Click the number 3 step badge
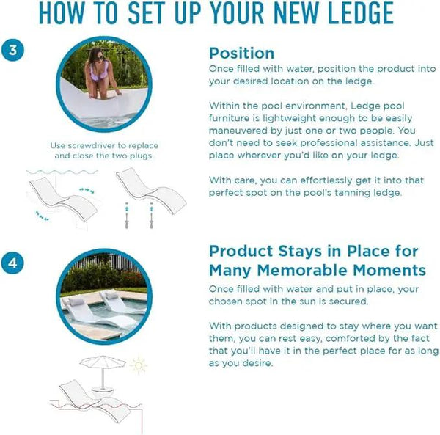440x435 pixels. tap(12, 50)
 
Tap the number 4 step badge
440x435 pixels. tap(12, 263)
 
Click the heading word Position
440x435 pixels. tap(241, 54)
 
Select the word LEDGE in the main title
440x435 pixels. tap(361, 13)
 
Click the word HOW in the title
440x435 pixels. tap(61, 13)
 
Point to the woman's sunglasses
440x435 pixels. tap(100, 58)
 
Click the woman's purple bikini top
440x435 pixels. tap(99, 72)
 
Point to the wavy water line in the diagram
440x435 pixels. tap(62, 172)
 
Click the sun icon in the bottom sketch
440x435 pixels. tap(139, 365)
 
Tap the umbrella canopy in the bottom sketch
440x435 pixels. tap(103, 362)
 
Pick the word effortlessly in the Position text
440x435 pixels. tap(326, 180)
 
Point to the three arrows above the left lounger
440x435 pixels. tap(87, 191)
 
